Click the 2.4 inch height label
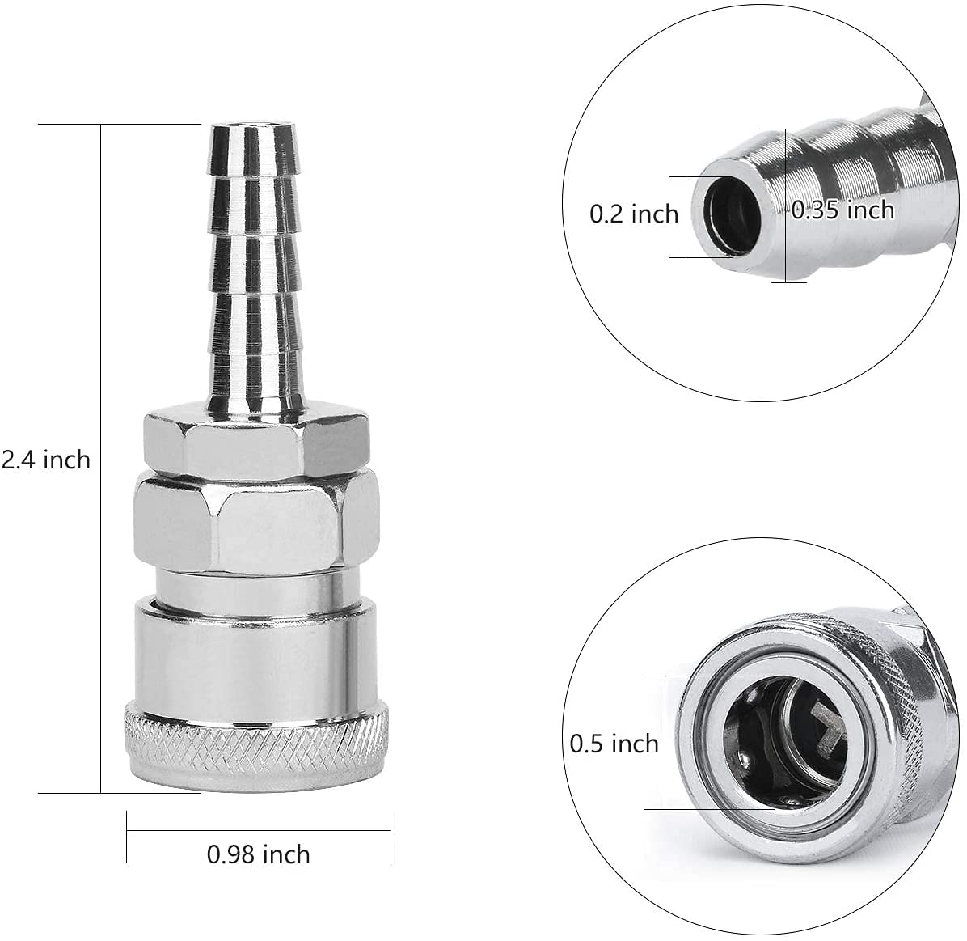(46, 460)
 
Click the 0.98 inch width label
(259, 854)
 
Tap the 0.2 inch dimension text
(633, 214)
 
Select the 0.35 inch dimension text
(843, 210)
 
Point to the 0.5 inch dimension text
(614, 744)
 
